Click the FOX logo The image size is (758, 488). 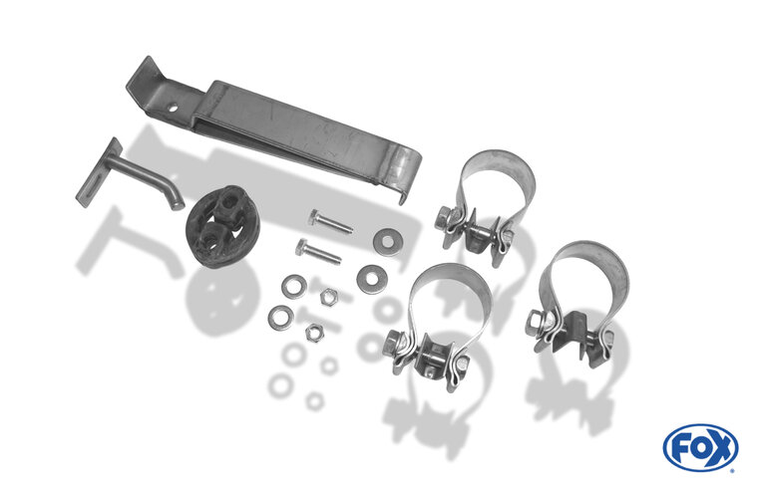point(700,447)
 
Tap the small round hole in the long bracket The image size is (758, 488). point(173,109)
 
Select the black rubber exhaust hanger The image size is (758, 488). point(222,226)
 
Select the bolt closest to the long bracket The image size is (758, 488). point(331,222)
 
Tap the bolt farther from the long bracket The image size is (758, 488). point(317,252)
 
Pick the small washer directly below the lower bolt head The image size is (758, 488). point(294,286)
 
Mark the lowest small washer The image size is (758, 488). point(281,318)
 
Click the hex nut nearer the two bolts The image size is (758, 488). point(329,296)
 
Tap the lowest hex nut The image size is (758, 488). point(314,333)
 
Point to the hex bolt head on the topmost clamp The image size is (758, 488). point(445,218)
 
